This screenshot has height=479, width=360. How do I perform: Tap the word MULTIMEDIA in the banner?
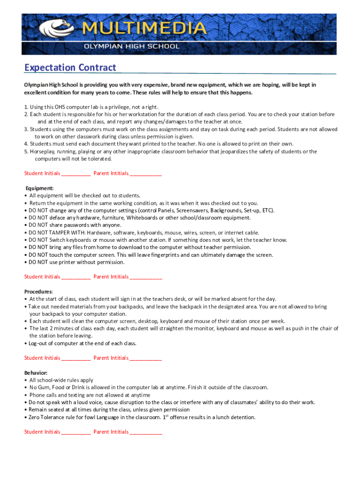[144, 29]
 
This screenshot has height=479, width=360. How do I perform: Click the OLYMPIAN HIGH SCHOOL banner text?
[131, 47]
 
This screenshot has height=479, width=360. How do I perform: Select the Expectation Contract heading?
[70, 68]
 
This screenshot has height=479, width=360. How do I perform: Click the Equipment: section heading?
[39, 188]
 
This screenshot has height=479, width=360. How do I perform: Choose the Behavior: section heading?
[36, 373]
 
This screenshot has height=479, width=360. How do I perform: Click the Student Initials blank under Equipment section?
[76, 277]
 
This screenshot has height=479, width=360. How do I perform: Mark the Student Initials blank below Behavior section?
[76, 432]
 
